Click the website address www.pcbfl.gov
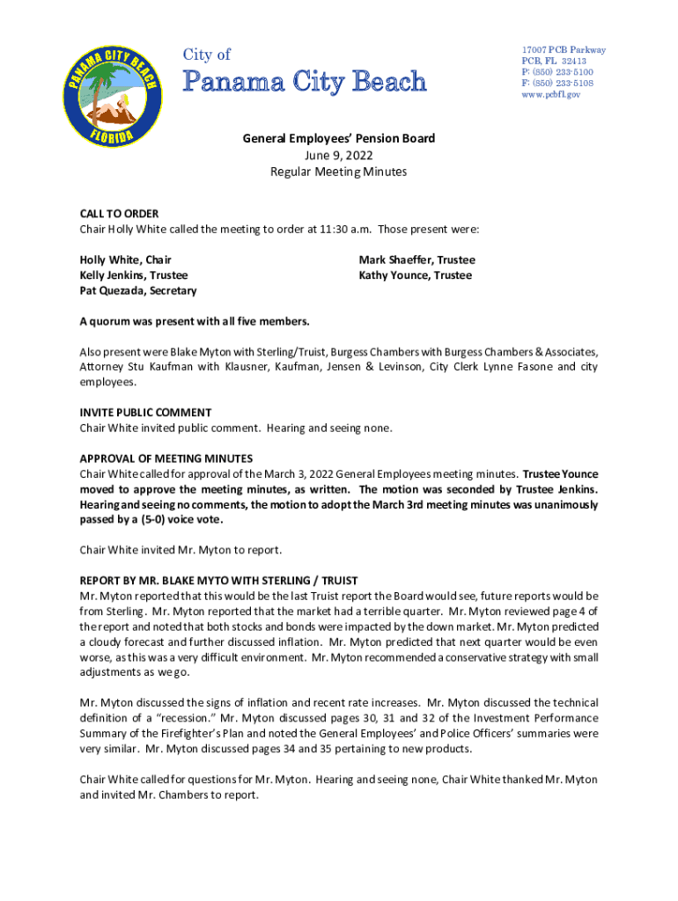tap(551, 94)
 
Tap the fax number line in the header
tap(556, 83)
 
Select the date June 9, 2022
tap(338, 155)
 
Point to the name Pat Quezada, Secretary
tap(138, 290)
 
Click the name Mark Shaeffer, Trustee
tap(416, 260)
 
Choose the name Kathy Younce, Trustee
tap(415, 275)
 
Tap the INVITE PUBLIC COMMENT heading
tap(145, 413)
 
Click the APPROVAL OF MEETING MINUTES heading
tap(166, 458)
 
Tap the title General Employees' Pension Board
tap(338, 139)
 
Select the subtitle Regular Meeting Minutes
tap(338, 172)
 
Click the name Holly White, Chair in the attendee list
tap(126, 260)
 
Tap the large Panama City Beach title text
tap(304, 83)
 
